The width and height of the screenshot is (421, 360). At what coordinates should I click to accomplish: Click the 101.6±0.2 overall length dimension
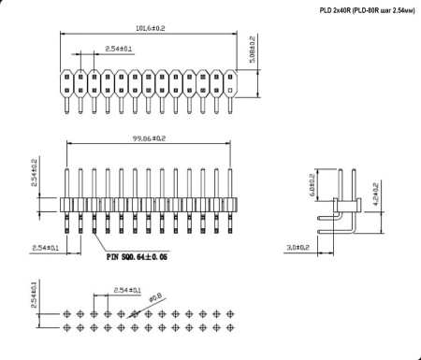[150, 29]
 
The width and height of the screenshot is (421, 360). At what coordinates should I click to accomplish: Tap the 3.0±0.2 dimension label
[298, 249]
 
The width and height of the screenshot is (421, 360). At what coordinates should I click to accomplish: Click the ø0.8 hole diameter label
[156, 298]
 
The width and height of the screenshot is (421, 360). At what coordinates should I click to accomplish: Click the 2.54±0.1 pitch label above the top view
[119, 48]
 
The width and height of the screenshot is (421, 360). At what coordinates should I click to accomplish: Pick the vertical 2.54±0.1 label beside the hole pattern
[36, 296]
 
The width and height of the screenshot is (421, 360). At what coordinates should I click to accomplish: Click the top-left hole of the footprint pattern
[67, 315]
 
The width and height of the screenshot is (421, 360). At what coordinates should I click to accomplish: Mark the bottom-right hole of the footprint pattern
[230, 327]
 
